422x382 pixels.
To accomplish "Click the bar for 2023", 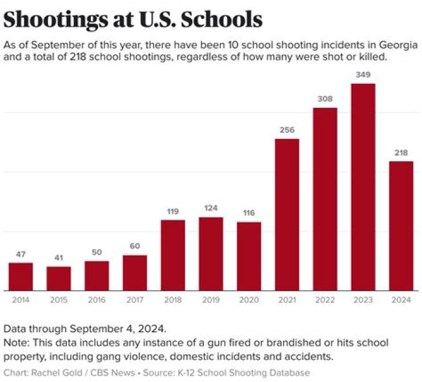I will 363,187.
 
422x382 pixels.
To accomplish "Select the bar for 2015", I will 59,279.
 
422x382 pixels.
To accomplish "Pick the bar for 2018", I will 173,255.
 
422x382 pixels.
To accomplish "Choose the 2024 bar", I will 401,226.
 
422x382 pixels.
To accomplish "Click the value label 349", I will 363,76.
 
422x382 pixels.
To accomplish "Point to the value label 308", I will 325,100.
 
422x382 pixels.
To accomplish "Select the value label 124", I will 210,209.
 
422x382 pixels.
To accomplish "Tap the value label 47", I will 21,254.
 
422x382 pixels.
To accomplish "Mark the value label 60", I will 135,247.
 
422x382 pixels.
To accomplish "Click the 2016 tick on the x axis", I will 97,299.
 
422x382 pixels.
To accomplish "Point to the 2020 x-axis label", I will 249,299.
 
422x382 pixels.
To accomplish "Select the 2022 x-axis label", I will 325,299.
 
